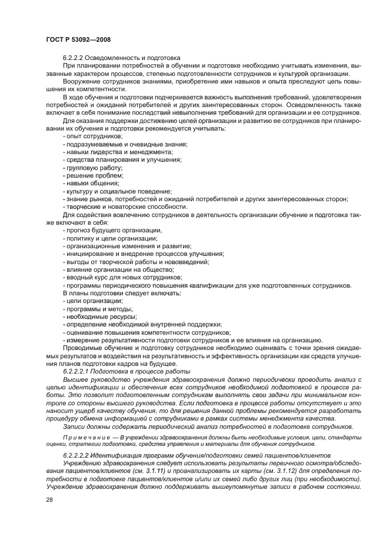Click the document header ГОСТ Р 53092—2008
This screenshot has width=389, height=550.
pyautogui.click(x=78, y=38)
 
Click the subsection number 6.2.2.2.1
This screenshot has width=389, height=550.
pyautogui.click(x=80, y=371)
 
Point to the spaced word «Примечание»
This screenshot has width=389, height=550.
pyautogui.click(x=84, y=437)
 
